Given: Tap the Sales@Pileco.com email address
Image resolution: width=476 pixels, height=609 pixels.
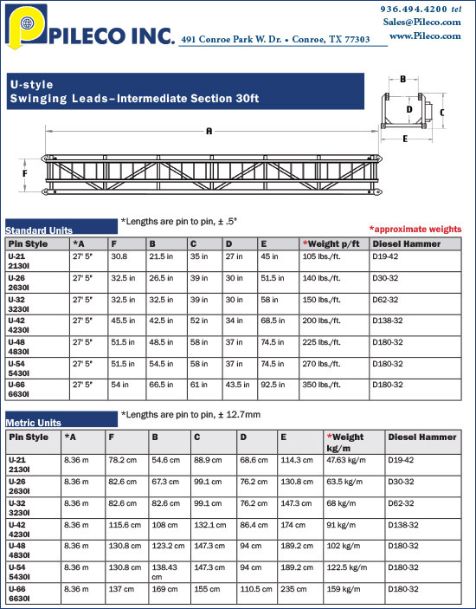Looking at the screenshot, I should click(x=422, y=22).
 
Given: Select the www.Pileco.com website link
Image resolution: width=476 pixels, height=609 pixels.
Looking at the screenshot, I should click(x=424, y=36).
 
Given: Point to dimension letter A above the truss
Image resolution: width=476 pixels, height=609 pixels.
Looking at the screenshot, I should click(x=209, y=132).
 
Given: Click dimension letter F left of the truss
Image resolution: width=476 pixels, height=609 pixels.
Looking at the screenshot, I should click(x=25, y=173).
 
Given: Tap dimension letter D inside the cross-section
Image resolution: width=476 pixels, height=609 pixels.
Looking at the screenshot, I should click(x=409, y=110).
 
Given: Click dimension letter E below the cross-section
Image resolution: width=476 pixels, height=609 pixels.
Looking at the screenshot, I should click(x=405, y=138).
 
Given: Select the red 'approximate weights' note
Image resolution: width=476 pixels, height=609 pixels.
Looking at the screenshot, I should click(x=415, y=229).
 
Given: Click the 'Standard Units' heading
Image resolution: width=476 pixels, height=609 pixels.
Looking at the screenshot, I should click(x=39, y=230).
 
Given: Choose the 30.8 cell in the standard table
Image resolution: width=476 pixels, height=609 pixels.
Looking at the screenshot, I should click(x=119, y=256).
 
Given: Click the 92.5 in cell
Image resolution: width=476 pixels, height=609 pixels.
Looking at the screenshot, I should click(x=270, y=383).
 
